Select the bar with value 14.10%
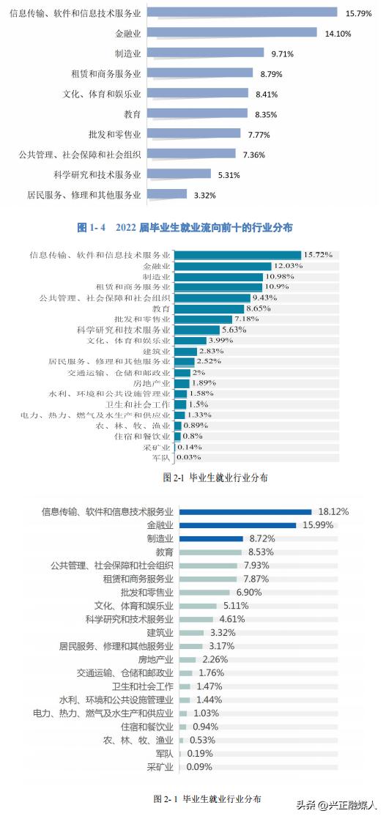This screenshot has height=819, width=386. click(x=231, y=32)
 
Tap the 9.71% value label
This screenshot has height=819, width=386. click(x=283, y=53)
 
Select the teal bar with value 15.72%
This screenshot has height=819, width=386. click(x=238, y=255)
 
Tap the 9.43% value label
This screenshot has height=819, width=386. click(x=266, y=298)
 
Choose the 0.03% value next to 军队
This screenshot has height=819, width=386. click(x=188, y=458)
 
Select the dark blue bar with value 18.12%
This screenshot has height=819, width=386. click(x=246, y=512)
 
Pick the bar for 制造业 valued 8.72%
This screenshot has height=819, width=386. click(x=211, y=538)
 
